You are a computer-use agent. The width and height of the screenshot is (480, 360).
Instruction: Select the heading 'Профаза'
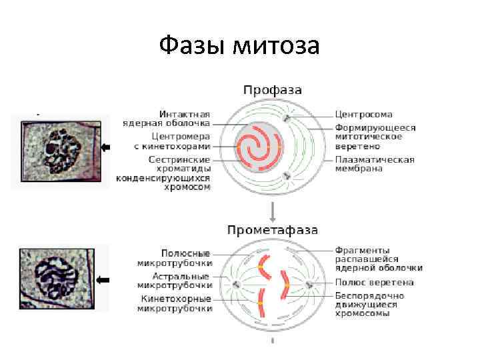(272, 89)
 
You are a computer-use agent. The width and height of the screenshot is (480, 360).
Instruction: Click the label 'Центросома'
(363, 115)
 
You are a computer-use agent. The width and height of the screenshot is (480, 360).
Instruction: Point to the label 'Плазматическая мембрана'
(374, 164)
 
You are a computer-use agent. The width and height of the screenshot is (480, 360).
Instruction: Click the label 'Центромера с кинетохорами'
(171, 141)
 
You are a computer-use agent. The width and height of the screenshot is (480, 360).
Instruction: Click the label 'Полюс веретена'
(374, 283)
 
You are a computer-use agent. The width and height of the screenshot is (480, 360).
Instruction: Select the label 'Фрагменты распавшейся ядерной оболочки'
(375, 259)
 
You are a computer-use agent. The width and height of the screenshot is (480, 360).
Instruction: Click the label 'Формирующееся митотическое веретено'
(374, 137)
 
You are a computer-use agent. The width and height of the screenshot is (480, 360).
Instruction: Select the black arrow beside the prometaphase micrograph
(103, 281)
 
